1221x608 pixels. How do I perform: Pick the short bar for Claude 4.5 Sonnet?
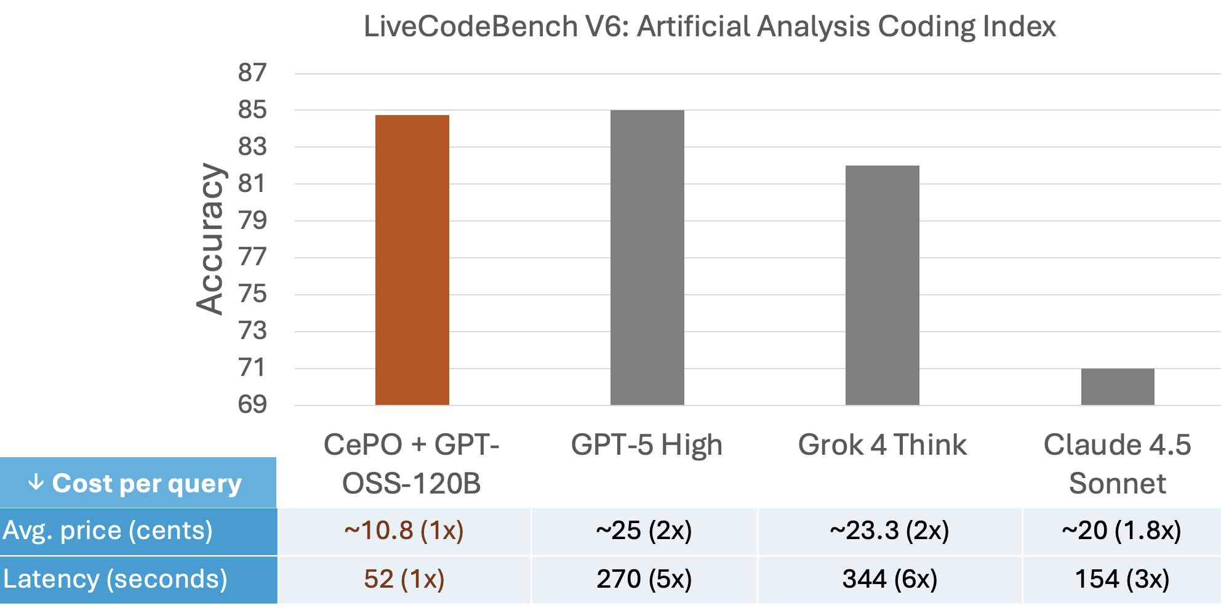click(x=1117, y=386)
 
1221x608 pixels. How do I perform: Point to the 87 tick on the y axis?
click(x=252, y=73)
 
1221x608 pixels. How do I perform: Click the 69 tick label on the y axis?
click(x=252, y=404)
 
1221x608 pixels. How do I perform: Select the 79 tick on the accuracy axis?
click(x=252, y=220)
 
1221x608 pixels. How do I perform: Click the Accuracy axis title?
click(x=210, y=239)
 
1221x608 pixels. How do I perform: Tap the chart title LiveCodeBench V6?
click(x=709, y=26)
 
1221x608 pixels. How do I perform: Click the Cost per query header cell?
click(x=138, y=483)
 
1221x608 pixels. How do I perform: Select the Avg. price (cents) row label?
click(x=108, y=530)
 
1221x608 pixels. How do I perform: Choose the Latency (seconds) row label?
click(x=115, y=579)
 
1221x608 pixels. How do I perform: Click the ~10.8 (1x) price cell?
click(x=404, y=530)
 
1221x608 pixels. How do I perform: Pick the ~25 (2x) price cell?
click(x=644, y=530)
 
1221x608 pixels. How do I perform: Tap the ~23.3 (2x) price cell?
click(x=889, y=530)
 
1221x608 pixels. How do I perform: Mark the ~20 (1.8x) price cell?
click(x=1121, y=530)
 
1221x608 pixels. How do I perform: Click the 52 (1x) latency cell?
click(x=404, y=579)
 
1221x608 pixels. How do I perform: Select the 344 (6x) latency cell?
click(x=889, y=579)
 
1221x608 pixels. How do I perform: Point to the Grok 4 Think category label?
click(x=882, y=445)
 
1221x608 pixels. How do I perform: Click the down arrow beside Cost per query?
click(x=36, y=482)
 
